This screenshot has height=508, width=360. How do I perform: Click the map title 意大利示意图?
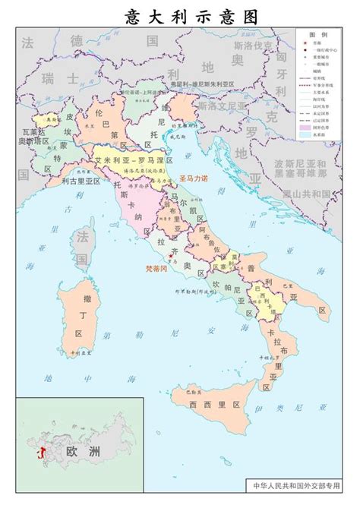click(x=180, y=16)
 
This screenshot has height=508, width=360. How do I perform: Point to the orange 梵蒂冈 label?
click(x=158, y=269)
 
